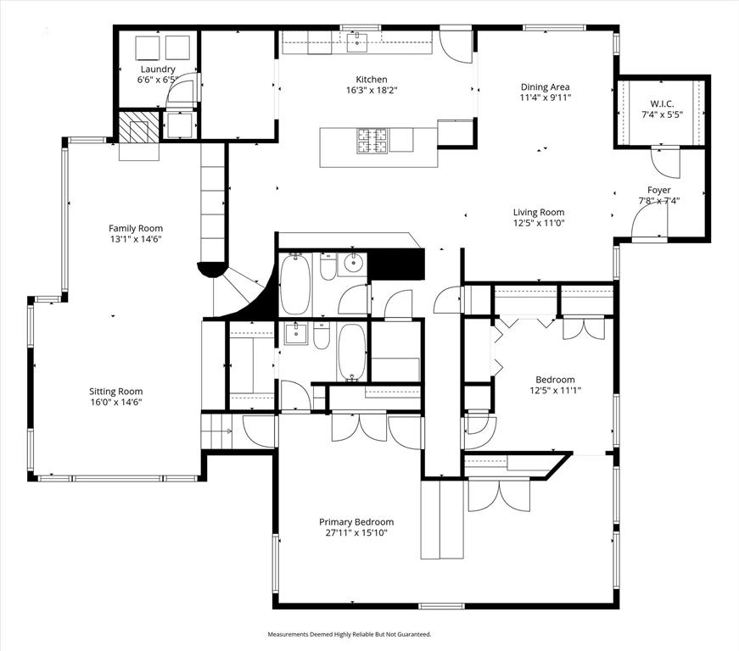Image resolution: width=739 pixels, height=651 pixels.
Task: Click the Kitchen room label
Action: (372, 79)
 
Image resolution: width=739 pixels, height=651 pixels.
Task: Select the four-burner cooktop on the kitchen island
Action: (371, 140)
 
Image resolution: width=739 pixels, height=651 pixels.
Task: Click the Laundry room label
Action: (158, 69)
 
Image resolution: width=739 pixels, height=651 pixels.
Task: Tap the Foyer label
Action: (659, 190)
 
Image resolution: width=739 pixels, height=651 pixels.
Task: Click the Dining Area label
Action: (545, 86)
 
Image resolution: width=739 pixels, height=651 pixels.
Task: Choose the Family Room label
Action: (136, 228)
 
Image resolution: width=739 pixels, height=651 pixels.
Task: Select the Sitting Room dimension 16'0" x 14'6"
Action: (116, 402)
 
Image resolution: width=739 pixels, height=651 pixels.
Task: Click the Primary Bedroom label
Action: (356, 522)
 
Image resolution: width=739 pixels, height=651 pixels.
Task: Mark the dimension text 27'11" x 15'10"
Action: (356, 532)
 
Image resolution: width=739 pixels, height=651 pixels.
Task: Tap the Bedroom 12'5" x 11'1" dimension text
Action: (555, 390)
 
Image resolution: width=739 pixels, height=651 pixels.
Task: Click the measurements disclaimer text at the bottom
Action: (350, 634)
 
